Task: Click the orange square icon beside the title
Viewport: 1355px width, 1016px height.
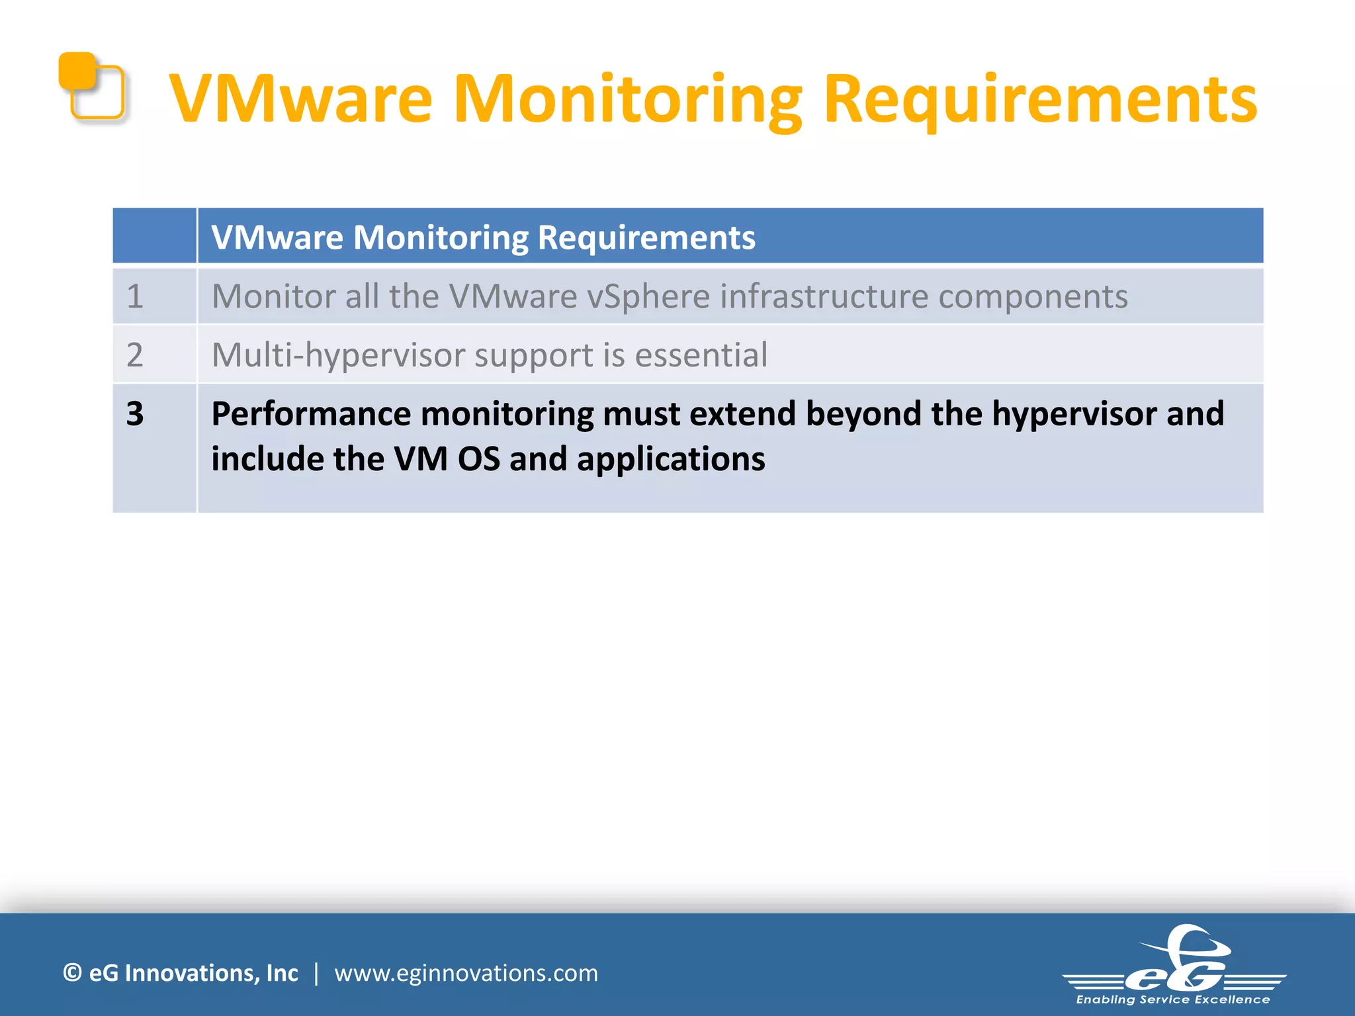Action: click(92, 87)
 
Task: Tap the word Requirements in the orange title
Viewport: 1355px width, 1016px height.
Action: click(1040, 99)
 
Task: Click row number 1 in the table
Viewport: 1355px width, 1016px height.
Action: click(135, 296)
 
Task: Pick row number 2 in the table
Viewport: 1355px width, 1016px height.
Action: click(135, 355)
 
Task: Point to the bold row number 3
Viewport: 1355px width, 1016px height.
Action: click(135, 413)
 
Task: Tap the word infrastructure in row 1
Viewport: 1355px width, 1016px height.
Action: click(824, 296)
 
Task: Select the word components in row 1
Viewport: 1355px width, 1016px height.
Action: click(1033, 296)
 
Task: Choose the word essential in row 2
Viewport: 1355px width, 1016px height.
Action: click(701, 355)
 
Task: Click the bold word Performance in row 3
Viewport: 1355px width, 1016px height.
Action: click(311, 414)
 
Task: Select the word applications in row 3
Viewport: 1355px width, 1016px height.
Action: click(671, 459)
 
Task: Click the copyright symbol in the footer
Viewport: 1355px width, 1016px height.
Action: click(72, 973)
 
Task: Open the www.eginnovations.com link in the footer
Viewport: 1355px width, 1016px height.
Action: click(466, 973)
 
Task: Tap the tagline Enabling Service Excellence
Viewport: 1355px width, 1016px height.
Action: click(1173, 999)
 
